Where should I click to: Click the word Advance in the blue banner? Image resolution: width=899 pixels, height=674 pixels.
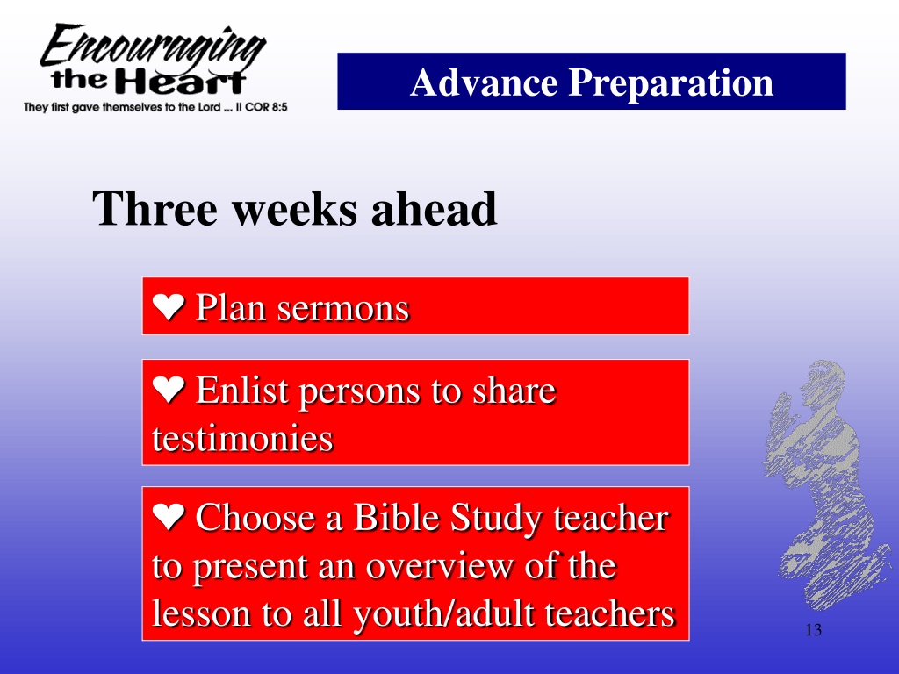[484, 82]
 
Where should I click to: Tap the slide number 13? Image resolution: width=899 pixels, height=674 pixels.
[814, 630]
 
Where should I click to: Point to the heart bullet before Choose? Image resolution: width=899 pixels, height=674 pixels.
[169, 516]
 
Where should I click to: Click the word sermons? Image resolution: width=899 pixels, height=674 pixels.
[343, 310]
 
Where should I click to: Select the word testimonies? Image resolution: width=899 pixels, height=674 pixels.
[242, 439]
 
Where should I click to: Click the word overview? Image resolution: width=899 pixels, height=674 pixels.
[440, 566]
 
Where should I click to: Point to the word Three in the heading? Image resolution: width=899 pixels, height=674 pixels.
[155, 209]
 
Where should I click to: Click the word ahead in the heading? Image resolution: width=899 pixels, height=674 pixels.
[434, 209]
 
